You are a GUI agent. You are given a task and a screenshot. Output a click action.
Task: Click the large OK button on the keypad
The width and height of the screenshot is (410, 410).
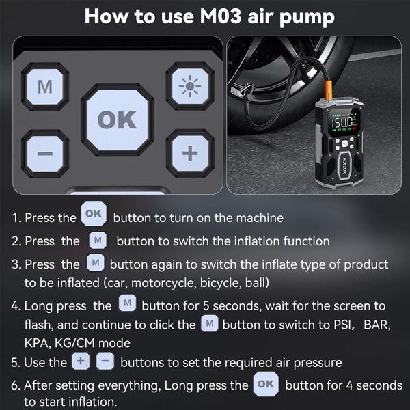118,120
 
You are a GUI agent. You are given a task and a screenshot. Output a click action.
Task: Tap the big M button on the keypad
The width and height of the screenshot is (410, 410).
45,87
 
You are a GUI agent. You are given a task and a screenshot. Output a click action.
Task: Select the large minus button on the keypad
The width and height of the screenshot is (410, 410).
45,154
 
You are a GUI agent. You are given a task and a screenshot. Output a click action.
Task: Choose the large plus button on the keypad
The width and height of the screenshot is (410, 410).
190,153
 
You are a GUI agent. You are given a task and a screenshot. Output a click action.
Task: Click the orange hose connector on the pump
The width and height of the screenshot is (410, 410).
329,90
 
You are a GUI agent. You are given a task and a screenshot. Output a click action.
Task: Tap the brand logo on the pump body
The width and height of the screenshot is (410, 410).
344,166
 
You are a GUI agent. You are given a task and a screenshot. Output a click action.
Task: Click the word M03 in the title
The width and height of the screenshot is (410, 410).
220,16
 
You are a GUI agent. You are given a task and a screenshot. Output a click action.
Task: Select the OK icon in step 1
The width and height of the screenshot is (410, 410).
94,214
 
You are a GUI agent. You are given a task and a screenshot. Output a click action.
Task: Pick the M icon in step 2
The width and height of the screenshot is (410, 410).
98,240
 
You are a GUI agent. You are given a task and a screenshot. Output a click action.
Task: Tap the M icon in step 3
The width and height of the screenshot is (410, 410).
96,262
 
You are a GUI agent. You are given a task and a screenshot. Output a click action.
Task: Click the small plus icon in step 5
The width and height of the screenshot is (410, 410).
81,361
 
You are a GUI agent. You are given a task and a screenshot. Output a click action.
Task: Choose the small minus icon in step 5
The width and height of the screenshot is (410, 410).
105,361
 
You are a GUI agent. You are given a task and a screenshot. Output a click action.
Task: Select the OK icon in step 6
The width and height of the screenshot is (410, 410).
266,384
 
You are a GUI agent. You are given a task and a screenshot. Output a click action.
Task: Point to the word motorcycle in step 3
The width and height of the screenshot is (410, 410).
164,283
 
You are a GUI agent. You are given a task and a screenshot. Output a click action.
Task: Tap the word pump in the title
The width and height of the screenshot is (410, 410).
307,18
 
